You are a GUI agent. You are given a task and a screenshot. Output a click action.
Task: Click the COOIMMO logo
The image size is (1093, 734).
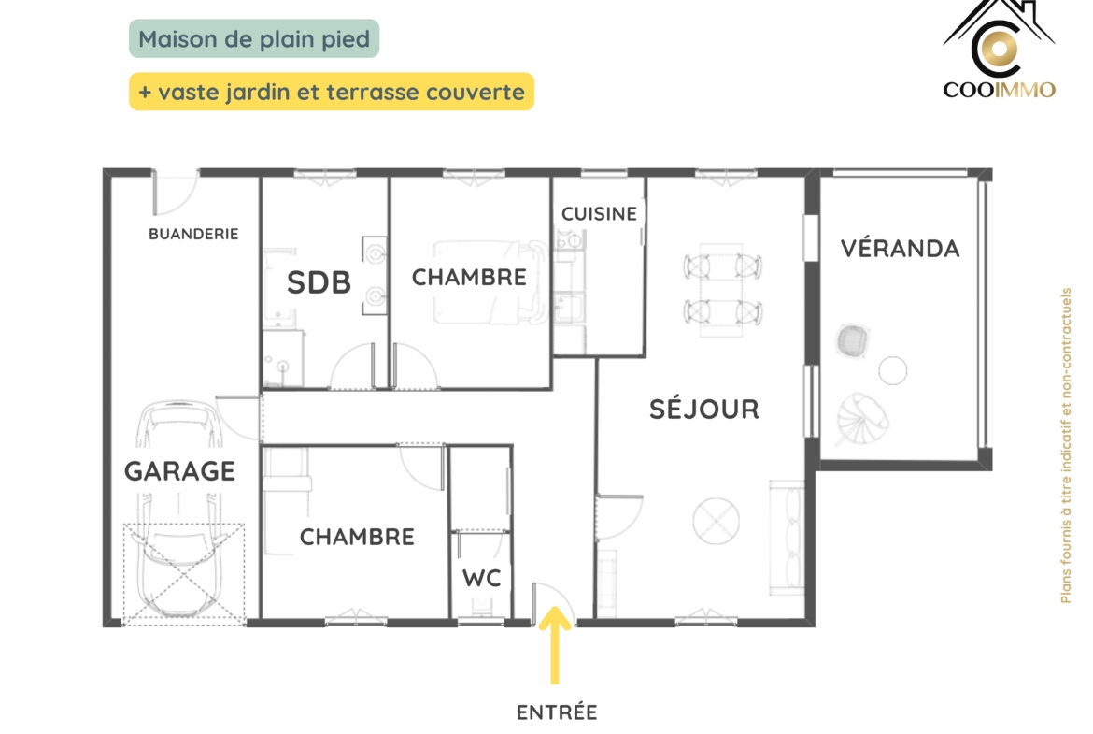[x=999, y=50]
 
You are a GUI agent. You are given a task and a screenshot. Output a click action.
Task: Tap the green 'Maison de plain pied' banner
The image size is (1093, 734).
[x=254, y=38]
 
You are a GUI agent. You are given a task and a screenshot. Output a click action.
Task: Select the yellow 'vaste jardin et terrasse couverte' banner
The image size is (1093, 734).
[x=332, y=92]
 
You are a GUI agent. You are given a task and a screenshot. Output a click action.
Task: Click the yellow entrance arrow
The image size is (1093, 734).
[x=555, y=644]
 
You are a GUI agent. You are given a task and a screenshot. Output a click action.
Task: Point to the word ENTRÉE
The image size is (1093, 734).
[x=557, y=712]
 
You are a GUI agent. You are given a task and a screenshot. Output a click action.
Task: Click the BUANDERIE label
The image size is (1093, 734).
[x=193, y=234]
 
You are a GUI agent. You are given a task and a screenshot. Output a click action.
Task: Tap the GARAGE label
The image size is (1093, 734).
[x=180, y=471]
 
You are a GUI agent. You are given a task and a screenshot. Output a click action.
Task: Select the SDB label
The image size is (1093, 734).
[x=319, y=282]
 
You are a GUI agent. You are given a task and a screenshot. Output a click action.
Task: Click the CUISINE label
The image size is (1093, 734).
[x=600, y=213]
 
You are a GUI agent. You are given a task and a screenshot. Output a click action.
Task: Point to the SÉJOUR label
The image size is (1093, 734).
[x=704, y=409]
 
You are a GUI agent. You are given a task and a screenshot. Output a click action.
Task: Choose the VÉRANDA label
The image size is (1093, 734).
[x=900, y=249]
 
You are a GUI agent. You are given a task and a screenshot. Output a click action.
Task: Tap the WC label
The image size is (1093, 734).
[x=482, y=578]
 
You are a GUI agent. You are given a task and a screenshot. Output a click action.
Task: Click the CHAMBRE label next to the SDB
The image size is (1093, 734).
[x=469, y=277]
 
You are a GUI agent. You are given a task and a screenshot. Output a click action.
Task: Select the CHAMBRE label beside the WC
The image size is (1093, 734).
[x=357, y=537]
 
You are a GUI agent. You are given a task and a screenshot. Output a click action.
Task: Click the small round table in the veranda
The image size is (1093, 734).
[x=892, y=370]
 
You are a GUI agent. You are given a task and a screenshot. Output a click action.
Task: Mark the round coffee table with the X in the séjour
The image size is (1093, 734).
[x=716, y=521]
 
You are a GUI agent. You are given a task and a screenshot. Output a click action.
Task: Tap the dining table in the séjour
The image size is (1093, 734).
[x=722, y=290]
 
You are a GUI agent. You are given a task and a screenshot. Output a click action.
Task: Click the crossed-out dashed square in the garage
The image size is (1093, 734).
[x=184, y=573]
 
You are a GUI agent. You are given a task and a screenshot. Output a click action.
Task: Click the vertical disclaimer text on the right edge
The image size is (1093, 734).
[x=1065, y=445]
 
